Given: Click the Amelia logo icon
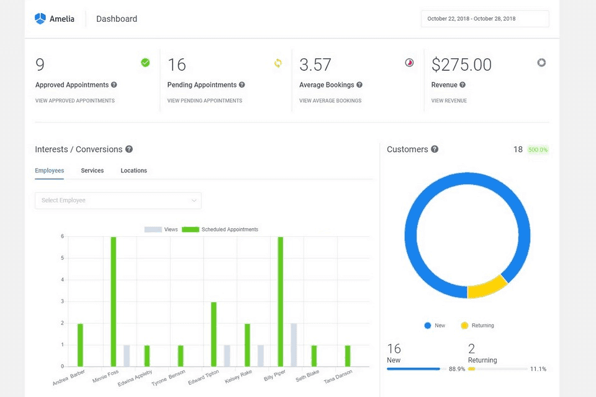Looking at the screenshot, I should tap(40, 19).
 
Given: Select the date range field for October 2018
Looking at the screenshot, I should tap(484, 19).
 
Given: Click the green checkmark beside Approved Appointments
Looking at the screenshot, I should tap(145, 63).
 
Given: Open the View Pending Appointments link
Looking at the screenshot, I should tap(204, 100).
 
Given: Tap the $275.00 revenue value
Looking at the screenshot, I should tap(461, 65).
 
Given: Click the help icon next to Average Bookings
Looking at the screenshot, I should tap(359, 85).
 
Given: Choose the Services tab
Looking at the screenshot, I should tap(92, 171).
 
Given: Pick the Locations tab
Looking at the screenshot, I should tap(133, 171).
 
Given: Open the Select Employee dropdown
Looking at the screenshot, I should tap(118, 200).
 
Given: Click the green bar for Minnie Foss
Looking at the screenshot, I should tap(114, 301).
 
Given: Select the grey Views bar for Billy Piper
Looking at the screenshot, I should tap(294, 345).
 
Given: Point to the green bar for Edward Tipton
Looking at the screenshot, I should tap(214, 334).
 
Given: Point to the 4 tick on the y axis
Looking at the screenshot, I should tap(62, 280).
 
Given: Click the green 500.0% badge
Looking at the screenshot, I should tap(538, 149).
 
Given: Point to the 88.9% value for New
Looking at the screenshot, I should tap(456, 369).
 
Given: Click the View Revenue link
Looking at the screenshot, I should tap(449, 100).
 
